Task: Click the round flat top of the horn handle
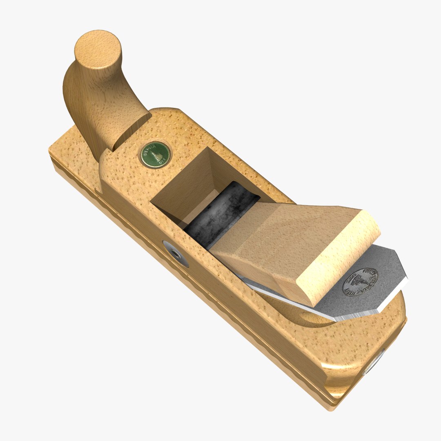pos(98,49)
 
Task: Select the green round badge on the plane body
pos(155,154)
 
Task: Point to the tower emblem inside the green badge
pos(155,156)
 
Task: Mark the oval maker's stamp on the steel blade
pos(360,282)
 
